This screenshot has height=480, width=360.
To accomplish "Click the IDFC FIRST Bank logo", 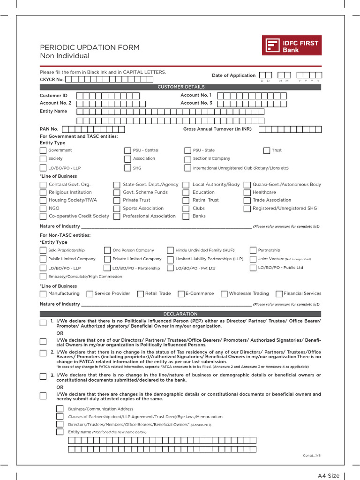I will click(x=292, y=46).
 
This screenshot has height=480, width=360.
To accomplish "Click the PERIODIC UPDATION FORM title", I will click(x=90, y=47).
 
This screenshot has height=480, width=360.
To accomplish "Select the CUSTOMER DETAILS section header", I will click(x=180, y=87).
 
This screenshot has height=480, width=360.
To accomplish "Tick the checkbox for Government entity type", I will click(x=43, y=150).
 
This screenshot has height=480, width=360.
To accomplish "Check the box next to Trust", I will click(x=267, y=150).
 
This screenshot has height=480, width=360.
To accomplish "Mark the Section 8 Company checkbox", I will click(x=187, y=159).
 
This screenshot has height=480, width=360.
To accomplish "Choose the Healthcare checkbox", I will click(x=247, y=193).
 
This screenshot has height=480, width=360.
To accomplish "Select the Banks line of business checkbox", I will click(x=186, y=217).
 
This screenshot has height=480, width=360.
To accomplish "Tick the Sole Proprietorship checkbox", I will click(x=43, y=250).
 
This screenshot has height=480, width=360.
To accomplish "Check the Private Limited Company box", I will click(x=107, y=259).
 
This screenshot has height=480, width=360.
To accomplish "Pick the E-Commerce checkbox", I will click(x=181, y=294).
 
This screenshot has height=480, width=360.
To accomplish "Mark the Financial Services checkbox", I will click(x=279, y=294).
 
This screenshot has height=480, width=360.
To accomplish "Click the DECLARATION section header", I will click(x=180, y=314).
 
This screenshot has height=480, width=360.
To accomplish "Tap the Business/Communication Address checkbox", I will click(x=60, y=409).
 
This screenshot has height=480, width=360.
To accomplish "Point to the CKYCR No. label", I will click(x=52, y=80).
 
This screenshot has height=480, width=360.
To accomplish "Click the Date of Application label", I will click(x=233, y=75).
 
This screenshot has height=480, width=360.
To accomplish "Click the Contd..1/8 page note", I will click(x=312, y=456).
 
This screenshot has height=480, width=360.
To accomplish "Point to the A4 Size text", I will click(x=329, y=476).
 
